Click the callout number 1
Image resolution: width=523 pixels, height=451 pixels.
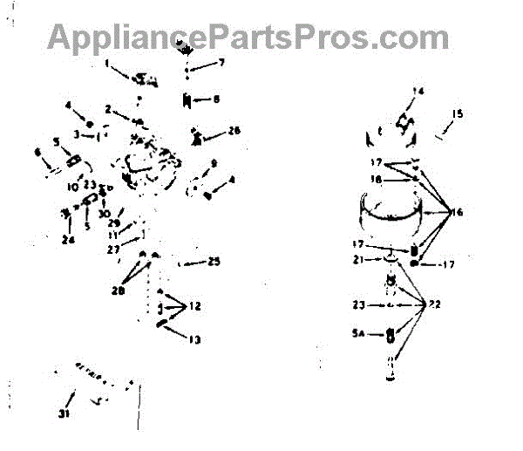(x=107, y=63)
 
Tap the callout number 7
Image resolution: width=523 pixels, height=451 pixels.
(x=221, y=63)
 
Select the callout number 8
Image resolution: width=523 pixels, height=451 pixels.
(x=217, y=99)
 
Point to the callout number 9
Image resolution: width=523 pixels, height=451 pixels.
(x=214, y=163)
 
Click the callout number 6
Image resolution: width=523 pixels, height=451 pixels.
(x=37, y=152)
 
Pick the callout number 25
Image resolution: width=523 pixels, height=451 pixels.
(x=214, y=261)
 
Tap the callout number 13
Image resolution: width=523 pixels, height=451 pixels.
(x=194, y=338)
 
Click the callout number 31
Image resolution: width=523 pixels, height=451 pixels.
(x=64, y=413)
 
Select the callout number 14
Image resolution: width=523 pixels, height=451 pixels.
(x=418, y=91)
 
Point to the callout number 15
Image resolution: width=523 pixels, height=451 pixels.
(x=458, y=113)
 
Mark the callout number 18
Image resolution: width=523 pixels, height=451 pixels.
(x=377, y=179)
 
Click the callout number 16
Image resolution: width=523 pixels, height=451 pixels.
(x=457, y=212)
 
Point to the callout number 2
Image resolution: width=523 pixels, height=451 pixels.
(x=108, y=109)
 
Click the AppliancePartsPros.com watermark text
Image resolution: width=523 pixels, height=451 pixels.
(x=248, y=36)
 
